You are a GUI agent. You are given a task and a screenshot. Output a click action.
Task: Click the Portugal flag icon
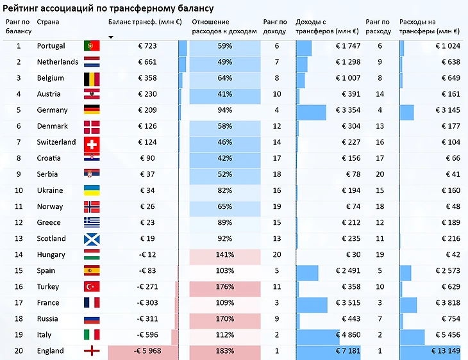click(92, 46)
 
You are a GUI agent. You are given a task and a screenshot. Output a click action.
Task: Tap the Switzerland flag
click(92, 142)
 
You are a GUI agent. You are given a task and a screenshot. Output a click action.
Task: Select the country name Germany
click(52, 110)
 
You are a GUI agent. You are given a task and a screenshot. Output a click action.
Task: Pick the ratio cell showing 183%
click(225, 351)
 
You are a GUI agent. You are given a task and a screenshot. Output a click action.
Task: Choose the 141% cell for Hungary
click(225, 255)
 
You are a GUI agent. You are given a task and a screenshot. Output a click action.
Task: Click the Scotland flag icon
click(92, 239)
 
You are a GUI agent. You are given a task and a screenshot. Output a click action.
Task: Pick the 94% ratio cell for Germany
click(225, 110)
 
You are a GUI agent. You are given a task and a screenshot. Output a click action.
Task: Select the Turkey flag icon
click(92, 287)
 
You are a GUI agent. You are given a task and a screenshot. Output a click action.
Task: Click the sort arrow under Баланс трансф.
click(111, 37)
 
